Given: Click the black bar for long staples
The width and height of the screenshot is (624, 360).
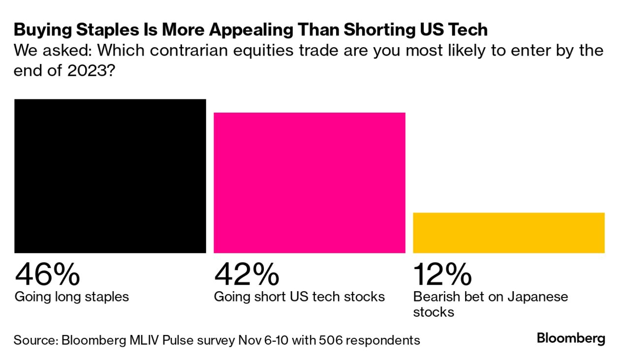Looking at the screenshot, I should (x=110, y=176).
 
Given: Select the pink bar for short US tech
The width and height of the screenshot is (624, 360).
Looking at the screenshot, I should (x=309, y=182).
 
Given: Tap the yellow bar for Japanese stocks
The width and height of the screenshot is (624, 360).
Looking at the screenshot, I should (x=508, y=233).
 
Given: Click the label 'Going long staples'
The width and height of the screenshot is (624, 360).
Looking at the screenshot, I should (x=72, y=297).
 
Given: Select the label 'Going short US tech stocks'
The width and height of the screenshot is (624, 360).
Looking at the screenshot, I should (x=299, y=297).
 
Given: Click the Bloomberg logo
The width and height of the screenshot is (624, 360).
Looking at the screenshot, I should (x=571, y=338).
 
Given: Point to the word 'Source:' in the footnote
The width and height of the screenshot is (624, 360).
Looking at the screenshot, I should (x=35, y=340).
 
